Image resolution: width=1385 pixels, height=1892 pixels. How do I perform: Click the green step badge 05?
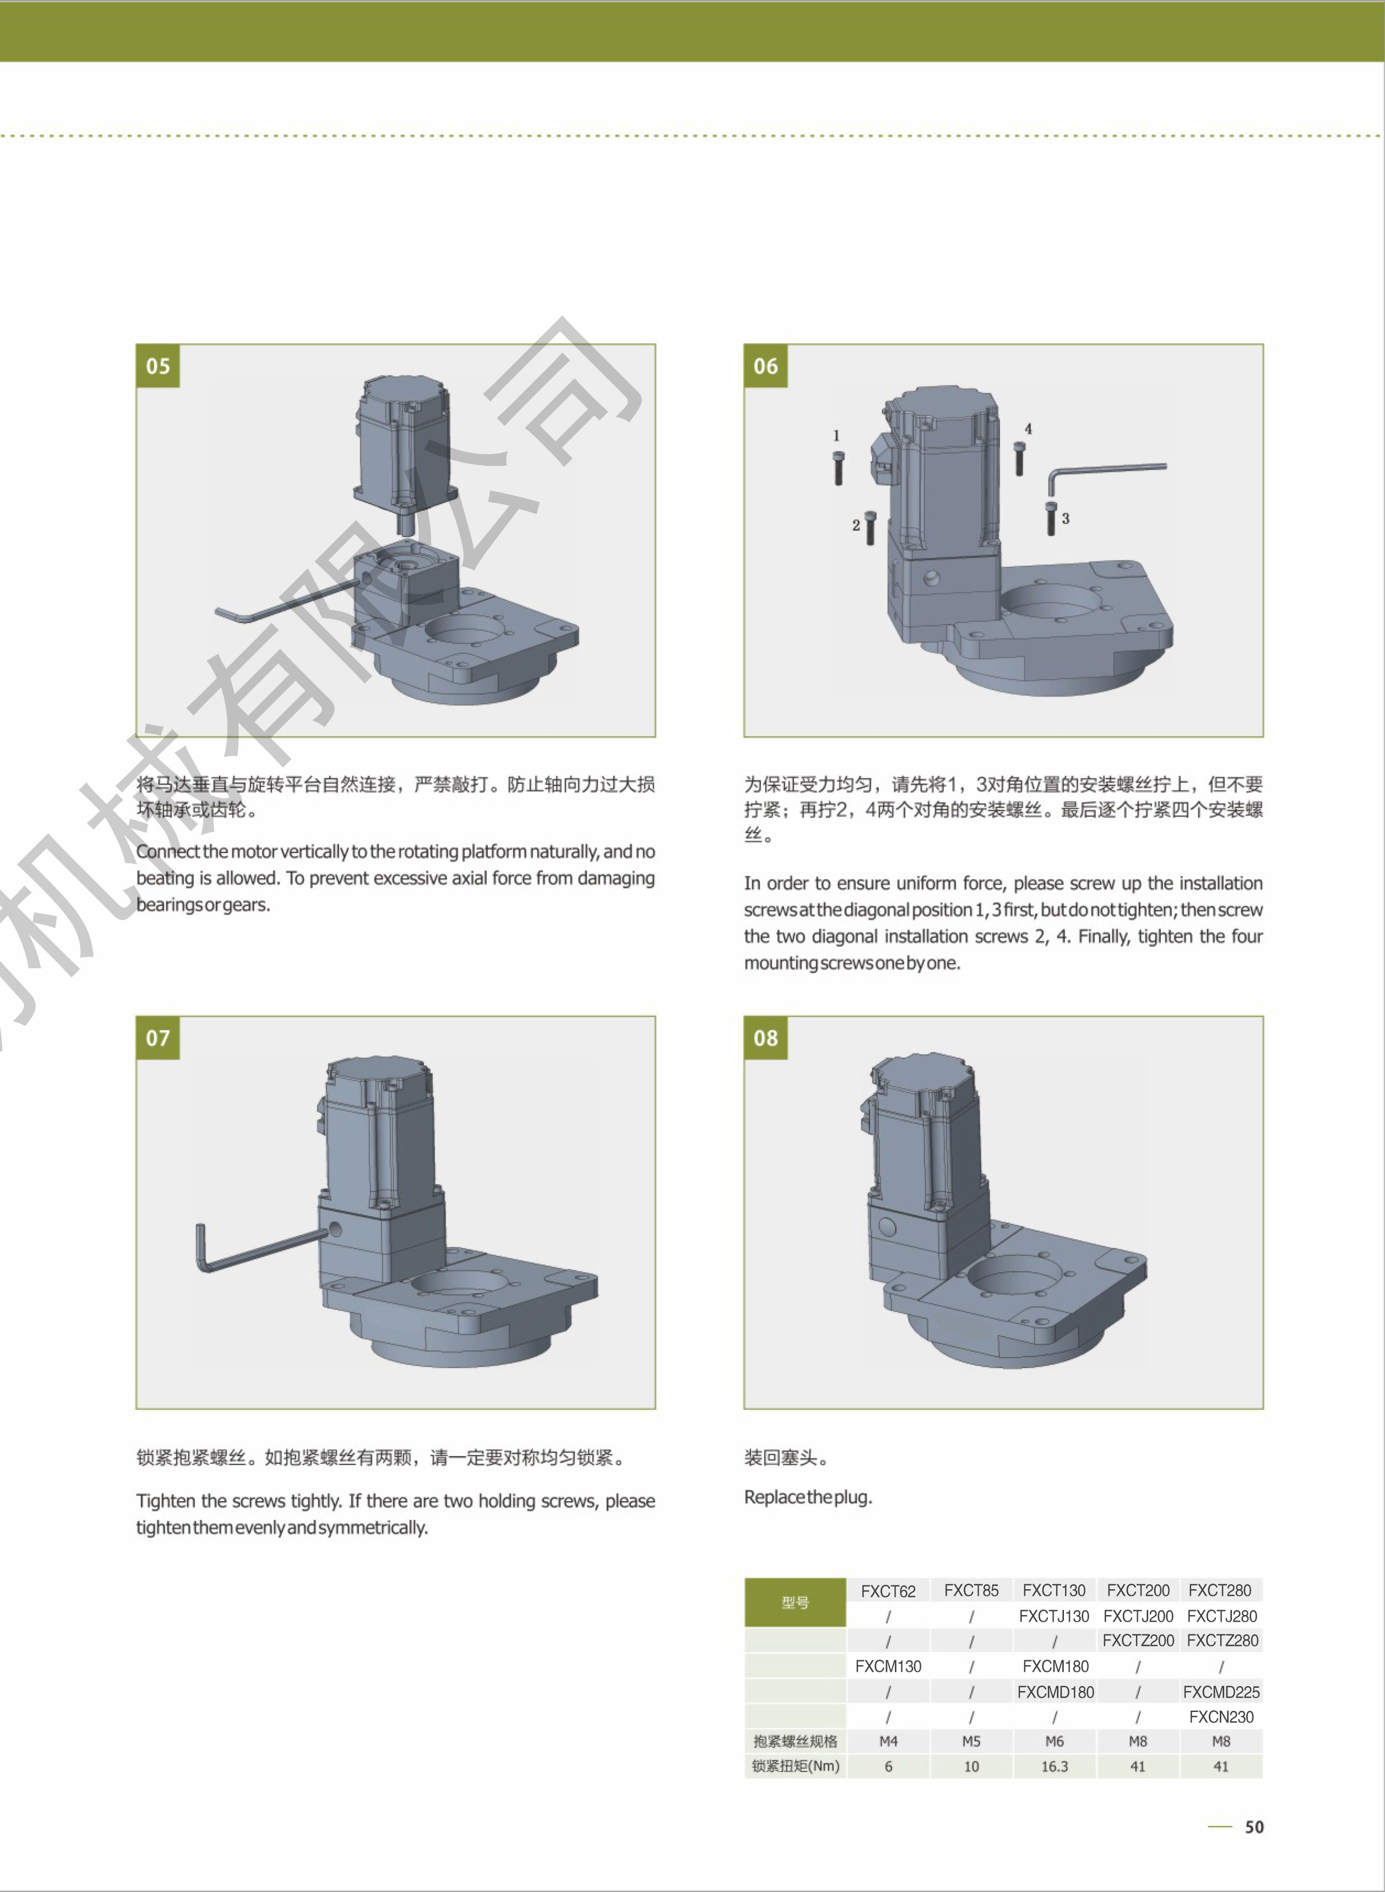pos(157,366)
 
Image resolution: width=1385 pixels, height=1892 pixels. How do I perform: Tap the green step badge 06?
pos(765,366)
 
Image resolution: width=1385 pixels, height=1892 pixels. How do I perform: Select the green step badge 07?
pos(157,1038)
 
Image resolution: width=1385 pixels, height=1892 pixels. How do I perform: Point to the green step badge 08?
pos(765,1038)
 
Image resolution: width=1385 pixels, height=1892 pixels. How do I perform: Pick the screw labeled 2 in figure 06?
pos(870,528)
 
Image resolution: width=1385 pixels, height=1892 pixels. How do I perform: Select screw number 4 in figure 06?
pos(1019,459)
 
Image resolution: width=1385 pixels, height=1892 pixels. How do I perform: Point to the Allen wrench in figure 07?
pos(260,1248)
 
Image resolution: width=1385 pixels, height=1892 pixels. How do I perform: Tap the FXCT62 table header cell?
pos(888,1590)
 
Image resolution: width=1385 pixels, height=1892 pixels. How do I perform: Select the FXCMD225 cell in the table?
pos(1221,1692)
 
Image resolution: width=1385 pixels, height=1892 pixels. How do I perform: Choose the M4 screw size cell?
pos(888,1741)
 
